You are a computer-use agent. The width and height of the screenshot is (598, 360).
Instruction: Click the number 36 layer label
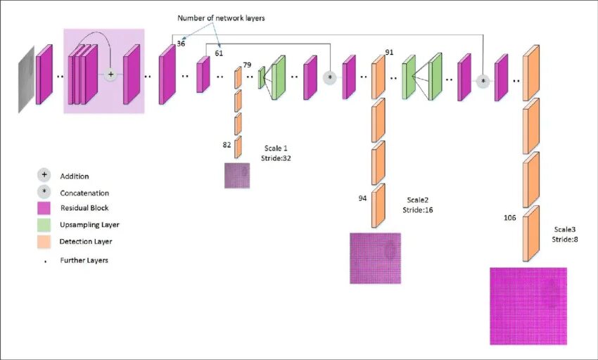pyautogui.click(x=182, y=44)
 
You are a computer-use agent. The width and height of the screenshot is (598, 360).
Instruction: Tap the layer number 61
pyautogui.click(x=219, y=53)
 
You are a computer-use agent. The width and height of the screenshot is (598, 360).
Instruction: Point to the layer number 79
pyautogui.click(x=247, y=65)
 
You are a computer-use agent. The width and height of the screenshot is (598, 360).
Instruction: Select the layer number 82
pyautogui.click(x=227, y=144)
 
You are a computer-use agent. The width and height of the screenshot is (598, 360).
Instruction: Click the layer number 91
pyautogui.click(x=389, y=53)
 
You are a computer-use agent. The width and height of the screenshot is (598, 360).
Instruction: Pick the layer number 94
pyautogui.click(x=362, y=198)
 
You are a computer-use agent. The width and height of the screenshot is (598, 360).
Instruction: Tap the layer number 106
pyautogui.click(x=510, y=218)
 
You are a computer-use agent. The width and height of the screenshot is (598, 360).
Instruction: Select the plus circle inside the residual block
pyautogui.click(x=110, y=73)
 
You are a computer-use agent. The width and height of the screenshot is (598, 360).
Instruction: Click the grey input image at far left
pyautogui.click(x=26, y=79)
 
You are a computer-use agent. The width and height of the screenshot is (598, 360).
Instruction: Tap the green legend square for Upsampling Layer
pyautogui.click(x=44, y=225)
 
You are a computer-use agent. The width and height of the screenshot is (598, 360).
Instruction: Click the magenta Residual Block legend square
pyautogui.click(x=44, y=209)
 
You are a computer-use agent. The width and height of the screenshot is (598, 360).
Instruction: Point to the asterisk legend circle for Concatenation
pyautogui.click(x=44, y=192)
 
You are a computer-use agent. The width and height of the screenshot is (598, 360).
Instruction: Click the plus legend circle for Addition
pyautogui.click(x=44, y=176)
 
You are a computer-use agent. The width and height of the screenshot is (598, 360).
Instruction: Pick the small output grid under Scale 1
pyautogui.click(x=237, y=175)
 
